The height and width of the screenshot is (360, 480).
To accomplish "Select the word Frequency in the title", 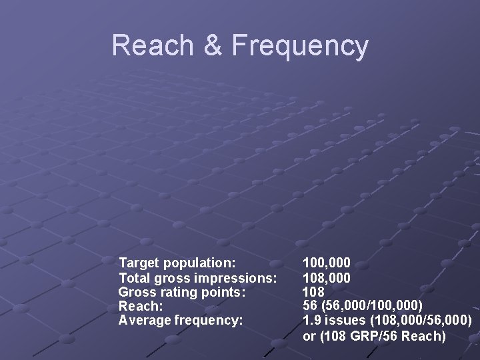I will pos(300,47).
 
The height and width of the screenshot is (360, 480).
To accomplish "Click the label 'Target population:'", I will pos(177,263).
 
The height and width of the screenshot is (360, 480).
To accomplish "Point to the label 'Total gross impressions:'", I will pos(197,277).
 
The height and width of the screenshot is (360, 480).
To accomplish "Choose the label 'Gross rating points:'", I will pos(182,292).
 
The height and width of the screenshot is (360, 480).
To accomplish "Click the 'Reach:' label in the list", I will pos(140,306).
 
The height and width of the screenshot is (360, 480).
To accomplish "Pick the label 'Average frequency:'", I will pos(181,321).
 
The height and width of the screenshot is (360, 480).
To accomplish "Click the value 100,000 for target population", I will pos(327,263).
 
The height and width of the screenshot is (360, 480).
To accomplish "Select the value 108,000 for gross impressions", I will pos(327,277).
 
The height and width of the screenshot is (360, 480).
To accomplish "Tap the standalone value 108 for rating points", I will pos(313,292).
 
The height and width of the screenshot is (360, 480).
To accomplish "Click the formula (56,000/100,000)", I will pos(371,307).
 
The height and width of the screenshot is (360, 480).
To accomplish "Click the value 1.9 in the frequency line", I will pos(311,321).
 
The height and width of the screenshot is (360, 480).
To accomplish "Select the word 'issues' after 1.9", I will pos(342,321).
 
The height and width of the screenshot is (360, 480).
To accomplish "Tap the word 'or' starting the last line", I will pos(309,336).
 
